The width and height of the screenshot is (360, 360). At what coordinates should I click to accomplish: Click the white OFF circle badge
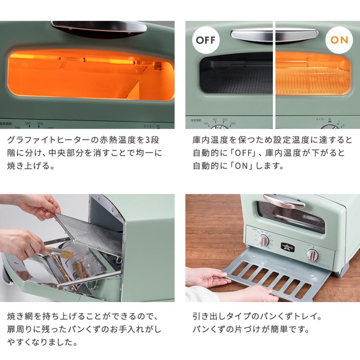206,40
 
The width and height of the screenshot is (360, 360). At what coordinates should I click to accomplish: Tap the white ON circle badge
339,40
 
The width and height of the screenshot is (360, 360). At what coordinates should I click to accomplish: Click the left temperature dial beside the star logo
264,241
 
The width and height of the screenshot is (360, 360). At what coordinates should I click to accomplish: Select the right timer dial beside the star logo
312,255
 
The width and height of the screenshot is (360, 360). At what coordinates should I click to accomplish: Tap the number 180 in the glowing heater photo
28,124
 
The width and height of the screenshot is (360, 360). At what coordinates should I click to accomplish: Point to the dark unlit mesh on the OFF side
236,80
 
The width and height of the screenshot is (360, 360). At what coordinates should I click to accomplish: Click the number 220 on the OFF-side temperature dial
233,124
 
